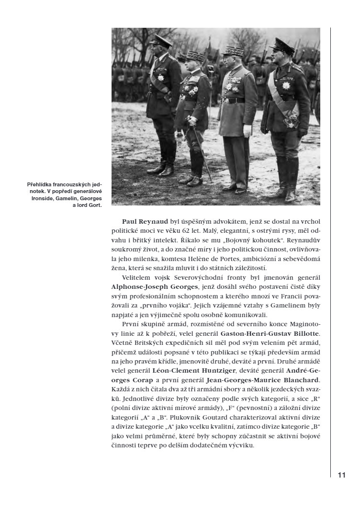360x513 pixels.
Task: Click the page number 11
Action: point(341,475)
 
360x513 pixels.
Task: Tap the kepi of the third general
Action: point(233,50)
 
